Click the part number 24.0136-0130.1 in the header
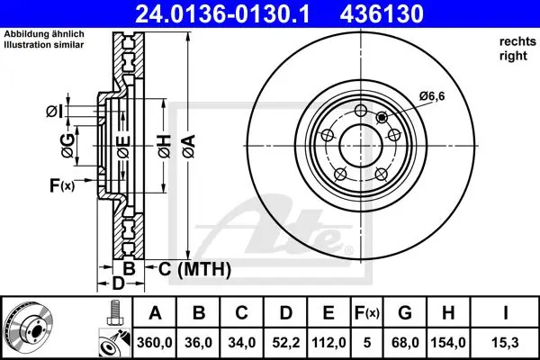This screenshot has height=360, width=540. tap(222, 13)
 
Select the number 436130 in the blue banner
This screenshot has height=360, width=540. tap(382, 13)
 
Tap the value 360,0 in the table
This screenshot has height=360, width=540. tap(154, 342)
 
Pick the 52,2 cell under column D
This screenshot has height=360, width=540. tap(286, 342)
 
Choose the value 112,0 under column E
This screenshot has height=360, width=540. tap(328, 342)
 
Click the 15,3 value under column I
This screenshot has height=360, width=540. tap(506, 342)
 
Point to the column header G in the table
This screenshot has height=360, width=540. tap(405, 313)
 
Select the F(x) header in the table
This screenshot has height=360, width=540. tap(367, 313)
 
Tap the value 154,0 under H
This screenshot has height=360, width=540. tap(448, 342)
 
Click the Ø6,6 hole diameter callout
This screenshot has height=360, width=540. tap(432, 96)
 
